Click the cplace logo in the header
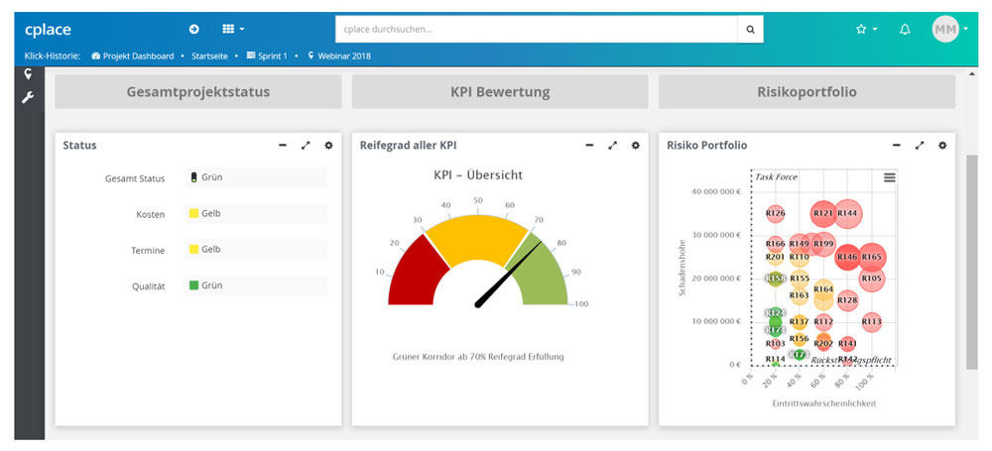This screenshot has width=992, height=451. pyautogui.click(x=48, y=30)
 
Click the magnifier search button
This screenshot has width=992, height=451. pyautogui.click(x=750, y=30)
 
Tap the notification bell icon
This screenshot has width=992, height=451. pyautogui.click(x=905, y=30)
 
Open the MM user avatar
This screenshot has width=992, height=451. pyautogui.click(x=945, y=30)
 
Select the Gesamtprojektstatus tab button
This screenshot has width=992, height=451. pyautogui.click(x=198, y=92)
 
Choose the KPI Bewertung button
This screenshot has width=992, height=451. pyautogui.click(x=499, y=92)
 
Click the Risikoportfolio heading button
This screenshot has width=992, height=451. pyautogui.click(x=806, y=92)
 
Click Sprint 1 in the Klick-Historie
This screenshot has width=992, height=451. pyautogui.click(x=272, y=56)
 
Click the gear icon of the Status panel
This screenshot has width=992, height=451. pyautogui.click(x=328, y=146)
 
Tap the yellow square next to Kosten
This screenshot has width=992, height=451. pyautogui.click(x=193, y=213)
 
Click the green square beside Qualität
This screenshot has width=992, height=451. pyautogui.click(x=193, y=285)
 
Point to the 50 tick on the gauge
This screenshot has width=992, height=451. pyautogui.click(x=478, y=201)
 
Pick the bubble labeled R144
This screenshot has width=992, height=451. pyautogui.click(x=847, y=213)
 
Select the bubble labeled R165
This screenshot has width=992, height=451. pyautogui.click(x=871, y=257)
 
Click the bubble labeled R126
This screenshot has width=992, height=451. pyautogui.click(x=776, y=213)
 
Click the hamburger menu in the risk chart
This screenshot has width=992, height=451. pyautogui.click(x=889, y=176)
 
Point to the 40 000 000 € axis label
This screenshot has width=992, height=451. pyautogui.click(x=717, y=192)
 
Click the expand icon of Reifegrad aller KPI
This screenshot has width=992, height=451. pyautogui.click(x=612, y=146)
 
